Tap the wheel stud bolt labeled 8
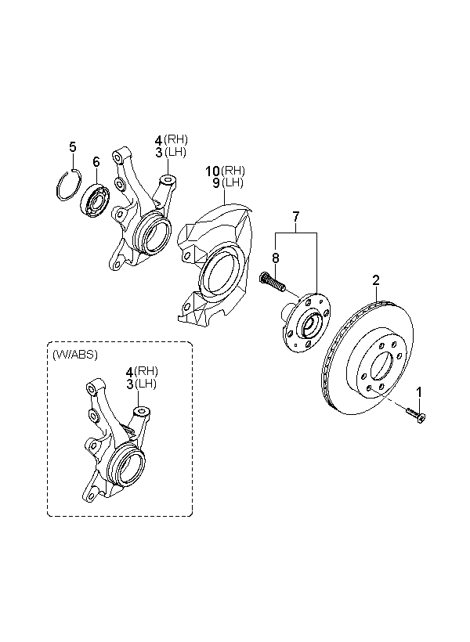(x=272, y=283)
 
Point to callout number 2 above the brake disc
(x=376, y=280)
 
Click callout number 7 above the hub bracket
(x=295, y=216)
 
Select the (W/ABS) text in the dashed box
(x=75, y=355)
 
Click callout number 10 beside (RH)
(x=212, y=171)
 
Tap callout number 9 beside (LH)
(x=216, y=182)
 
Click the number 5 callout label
(x=73, y=146)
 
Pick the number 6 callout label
(x=96, y=162)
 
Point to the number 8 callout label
(x=276, y=258)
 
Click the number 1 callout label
(x=419, y=391)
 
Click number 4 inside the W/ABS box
(x=129, y=372)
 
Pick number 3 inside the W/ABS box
(x=129, y=384)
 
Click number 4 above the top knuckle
(x=158, y=140)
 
